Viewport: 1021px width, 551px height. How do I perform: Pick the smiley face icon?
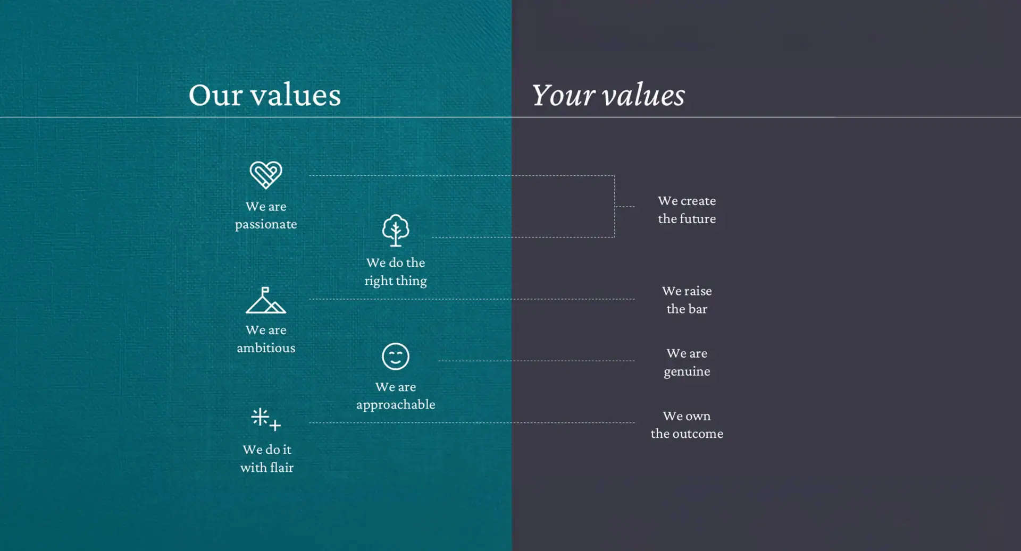click(x=396, y=356)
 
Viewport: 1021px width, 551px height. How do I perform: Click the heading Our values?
click(x=265, y=95)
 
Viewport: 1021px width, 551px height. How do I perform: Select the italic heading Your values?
click(x=608, y=95)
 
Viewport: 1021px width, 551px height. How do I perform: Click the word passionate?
click(x=266, y=224)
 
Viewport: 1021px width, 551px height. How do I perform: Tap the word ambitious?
click(x=266, y=347)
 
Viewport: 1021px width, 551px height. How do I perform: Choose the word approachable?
click(x=396, y=405)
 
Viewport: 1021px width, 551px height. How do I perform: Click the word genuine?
click(x=687, y=371)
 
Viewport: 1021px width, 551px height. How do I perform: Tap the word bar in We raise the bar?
click(x=698, y=309)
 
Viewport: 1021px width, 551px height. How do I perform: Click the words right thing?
click(x=396, y=281)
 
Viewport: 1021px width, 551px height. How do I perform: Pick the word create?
click(x=698, y=201)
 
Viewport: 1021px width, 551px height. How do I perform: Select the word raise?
click(x=698, y=291)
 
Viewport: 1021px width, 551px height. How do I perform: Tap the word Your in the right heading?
click(x=563, y=95)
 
